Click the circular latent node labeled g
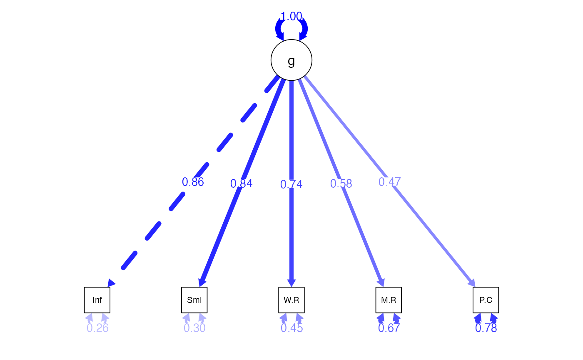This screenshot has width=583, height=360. (291, 60)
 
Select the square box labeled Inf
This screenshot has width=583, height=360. (97, 300)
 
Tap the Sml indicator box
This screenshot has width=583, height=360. (194, 300)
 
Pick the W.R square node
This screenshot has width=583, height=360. (291, 300)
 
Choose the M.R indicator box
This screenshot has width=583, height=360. (389, 300)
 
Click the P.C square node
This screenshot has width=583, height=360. (486, 300)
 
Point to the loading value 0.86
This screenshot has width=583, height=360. (193, 182)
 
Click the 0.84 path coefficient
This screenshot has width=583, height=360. (241, 184)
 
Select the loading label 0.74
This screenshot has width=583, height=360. (291, 184)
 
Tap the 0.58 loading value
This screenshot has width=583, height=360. (341, 184)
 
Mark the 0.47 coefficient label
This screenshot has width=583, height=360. (389, 182)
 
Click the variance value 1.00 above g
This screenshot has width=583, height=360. (291, 16)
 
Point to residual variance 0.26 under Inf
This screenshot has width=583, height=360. (97, 328)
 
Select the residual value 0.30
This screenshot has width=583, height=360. (194, 328)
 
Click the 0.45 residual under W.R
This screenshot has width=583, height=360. (291, 328)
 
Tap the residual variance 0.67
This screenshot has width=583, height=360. (389, 328)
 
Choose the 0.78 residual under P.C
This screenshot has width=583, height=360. (486, 328)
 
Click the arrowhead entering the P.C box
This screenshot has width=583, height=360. (472, 283)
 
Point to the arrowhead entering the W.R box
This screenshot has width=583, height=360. (291, 283)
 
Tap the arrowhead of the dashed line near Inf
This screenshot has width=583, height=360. (111, 283)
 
